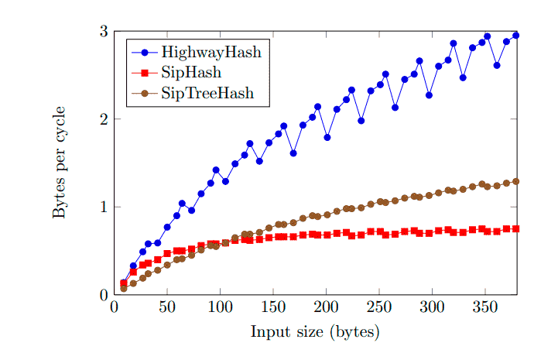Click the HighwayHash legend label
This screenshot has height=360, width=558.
click(211, 53)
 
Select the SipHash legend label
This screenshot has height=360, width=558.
click(191, 74)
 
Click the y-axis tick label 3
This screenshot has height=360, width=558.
click(102, 31)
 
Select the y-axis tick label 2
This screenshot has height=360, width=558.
click(102, 119)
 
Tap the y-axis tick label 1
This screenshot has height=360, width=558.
click(102, 207)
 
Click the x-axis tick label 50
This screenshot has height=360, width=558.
click(167, 307)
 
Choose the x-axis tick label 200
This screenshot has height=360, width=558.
click(326, 307)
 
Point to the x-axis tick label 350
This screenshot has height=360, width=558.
click(484, 307)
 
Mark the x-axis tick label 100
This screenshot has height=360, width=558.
click(220, 307)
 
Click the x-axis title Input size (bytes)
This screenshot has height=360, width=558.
click(315, 332)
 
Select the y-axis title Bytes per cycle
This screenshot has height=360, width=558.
click(60, 163)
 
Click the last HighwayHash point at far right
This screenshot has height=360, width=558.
click(515, 36)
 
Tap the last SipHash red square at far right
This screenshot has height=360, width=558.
click(515, 228)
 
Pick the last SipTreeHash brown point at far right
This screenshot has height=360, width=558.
click(515, 181)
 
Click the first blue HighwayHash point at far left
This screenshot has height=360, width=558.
click(124, 283)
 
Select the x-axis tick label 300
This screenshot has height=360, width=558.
click(432, 307)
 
